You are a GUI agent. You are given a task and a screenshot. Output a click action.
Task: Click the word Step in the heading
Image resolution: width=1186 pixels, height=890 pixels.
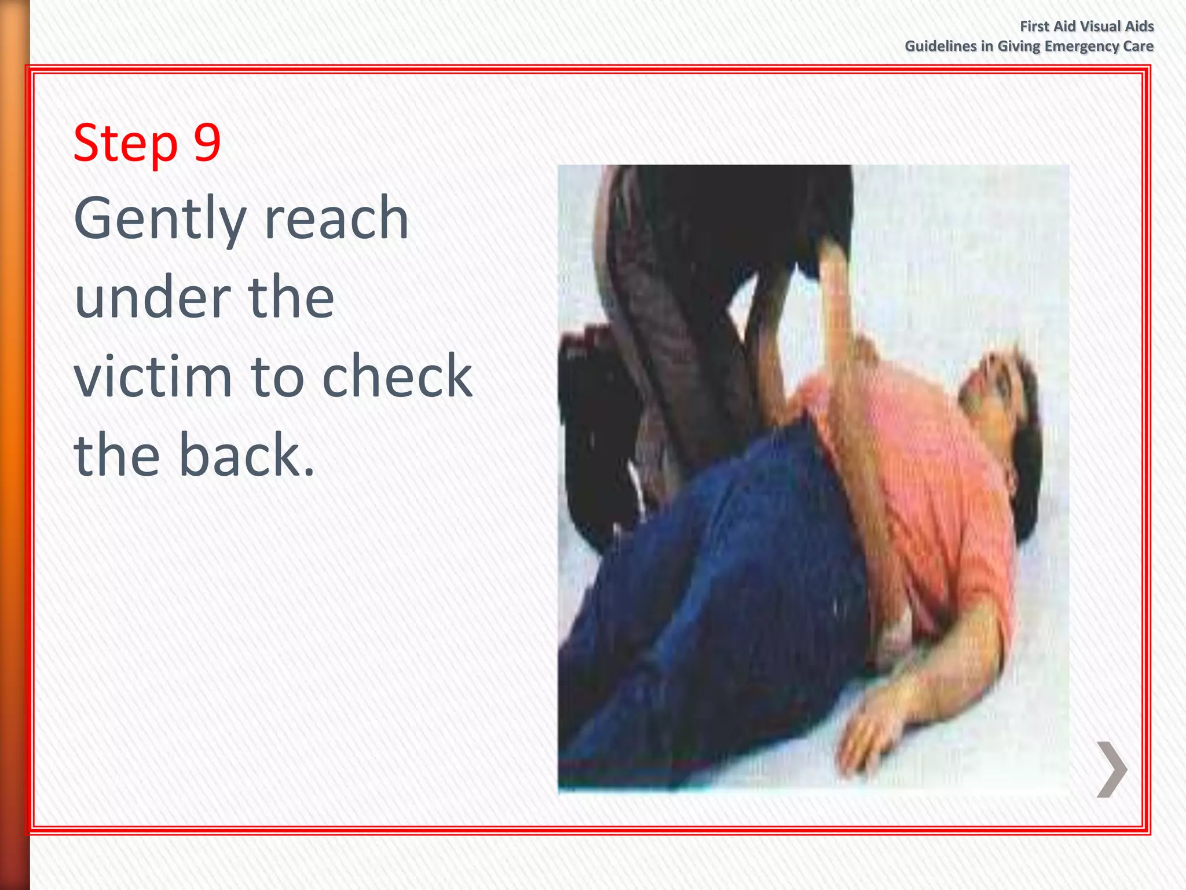click(x=125, y=144)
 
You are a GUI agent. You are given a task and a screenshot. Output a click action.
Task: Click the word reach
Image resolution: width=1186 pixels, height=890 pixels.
click(x=336, y=218)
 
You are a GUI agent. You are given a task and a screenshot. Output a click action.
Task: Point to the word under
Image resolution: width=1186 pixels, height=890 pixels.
click(x=152, y=298)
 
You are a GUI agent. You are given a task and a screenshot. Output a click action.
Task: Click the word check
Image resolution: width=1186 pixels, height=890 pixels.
click(x=397, y=377)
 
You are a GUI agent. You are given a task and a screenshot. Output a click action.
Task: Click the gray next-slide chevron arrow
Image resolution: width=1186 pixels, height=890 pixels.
click(x=1111, y=769)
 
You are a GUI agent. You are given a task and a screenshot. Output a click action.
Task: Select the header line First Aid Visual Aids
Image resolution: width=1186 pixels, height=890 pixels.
click(x=1086, y=26)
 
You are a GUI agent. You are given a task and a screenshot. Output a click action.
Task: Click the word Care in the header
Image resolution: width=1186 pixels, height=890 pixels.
click(x=1138, y=46)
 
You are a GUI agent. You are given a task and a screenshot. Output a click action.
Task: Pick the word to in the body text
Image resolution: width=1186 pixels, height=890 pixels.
click(x=274, y=377)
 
